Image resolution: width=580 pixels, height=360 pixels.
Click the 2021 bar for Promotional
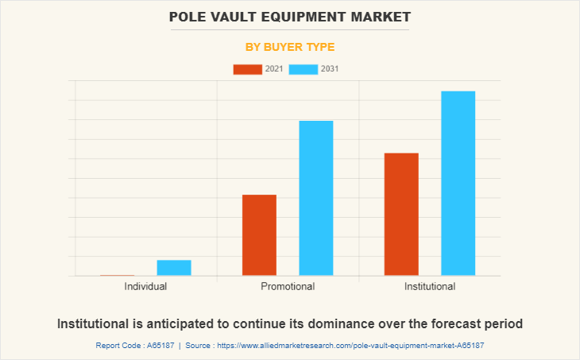coord(259,235)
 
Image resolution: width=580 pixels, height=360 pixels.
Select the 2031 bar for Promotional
coord(315,198)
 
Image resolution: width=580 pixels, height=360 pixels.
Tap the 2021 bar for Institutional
coord(401,214)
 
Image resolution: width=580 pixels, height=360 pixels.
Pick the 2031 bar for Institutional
coord(458,184)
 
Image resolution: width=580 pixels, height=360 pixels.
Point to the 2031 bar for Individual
coord(174,268)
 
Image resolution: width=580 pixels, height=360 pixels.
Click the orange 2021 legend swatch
coord(247,69)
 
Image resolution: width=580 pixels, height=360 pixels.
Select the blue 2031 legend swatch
coord(304,69)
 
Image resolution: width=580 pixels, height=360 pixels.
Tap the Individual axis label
coord(145,286)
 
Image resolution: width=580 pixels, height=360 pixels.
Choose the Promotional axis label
coord(288,286)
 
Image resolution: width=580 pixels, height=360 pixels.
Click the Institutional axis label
coord(429,286)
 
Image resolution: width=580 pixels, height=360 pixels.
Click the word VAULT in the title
coord(239,16)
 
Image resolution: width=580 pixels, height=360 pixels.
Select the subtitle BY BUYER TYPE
coord(289,47)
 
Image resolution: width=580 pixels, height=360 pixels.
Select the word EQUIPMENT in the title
coord(306,16)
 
